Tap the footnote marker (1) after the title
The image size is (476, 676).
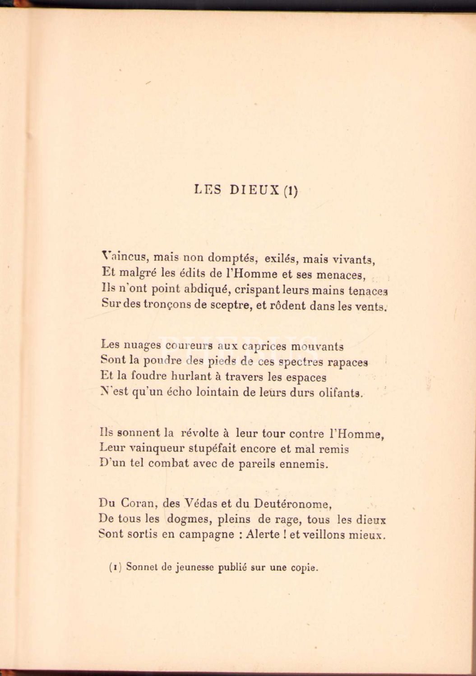(x=291, y=190)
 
